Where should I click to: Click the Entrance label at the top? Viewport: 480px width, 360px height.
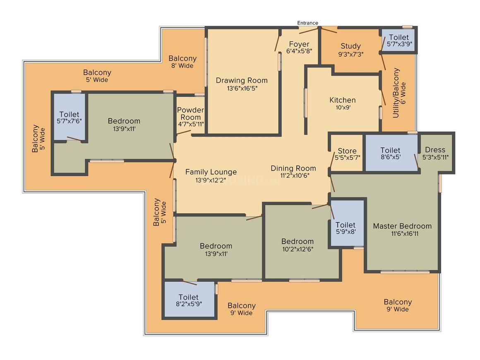click(x=307, y=23)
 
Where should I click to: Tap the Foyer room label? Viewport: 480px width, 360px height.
click(x=299, y=44)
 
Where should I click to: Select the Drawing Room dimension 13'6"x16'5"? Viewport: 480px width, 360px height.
click(x=242, y=89)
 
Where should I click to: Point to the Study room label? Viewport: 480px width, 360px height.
click(x=350, y=46)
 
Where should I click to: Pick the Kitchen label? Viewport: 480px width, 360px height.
click(x=343, y=100)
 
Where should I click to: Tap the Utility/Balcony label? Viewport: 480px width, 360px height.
click(x=396, y=93)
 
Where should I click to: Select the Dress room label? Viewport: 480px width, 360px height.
click(x=435, y=150)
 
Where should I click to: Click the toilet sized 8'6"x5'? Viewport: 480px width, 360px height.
click(x=391, y=153)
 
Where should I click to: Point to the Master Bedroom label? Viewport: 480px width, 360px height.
click(x=402, y=226)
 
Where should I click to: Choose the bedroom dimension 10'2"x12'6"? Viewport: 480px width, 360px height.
click(x=298, y=249)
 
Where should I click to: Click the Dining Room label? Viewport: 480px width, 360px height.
click(x=293, y=168)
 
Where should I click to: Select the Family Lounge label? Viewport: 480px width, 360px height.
click(x=211, y=172)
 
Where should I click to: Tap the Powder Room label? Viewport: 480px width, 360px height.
click(x=190, y=113)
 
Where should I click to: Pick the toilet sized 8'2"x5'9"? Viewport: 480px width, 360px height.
click(x=189, y=299)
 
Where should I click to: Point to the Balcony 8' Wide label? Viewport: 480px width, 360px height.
click(x=182, y=62)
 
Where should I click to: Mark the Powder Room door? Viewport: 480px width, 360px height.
click(x=184, y=132)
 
